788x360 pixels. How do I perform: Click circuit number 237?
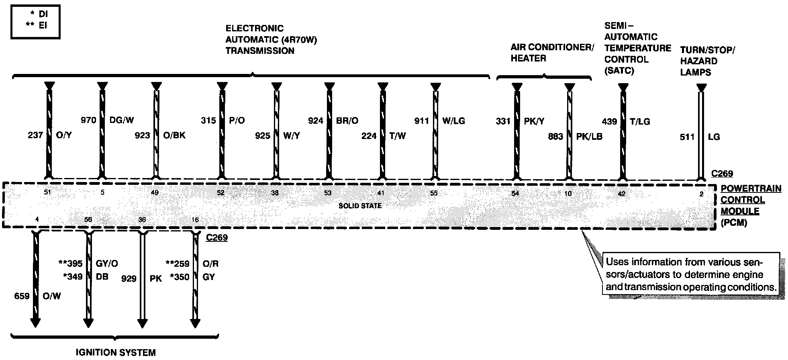click(x=35, y=135)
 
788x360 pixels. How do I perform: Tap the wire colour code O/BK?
click(x=174, y=135)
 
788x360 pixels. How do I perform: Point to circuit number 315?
click(x=208, y=120)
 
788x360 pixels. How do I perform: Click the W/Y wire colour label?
click(x=291, y=136)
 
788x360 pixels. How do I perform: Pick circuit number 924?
click(x=315, y=121)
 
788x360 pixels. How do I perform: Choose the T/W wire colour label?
click(x=398, y=136)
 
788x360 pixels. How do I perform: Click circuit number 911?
click(x=422, y=121)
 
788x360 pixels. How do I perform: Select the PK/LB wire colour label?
click(x=589, y=137)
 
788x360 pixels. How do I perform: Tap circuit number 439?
click(x=609, y=121)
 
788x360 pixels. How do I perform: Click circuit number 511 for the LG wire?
click(x=687, y=137)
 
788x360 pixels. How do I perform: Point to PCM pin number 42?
click(x=622, y=193)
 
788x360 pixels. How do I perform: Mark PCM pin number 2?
click(x=701, y=194)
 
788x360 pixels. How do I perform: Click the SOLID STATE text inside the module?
click(x=360, y=206)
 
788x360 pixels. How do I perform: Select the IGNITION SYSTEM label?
click(x=116, y=352)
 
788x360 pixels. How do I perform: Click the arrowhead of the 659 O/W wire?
click(x=35, y=322)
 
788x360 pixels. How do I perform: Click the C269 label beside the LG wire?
click(x=722, y=174)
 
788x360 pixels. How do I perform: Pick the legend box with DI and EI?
click(x=35, y=22)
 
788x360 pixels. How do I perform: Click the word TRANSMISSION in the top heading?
click(x=260, y=51)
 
